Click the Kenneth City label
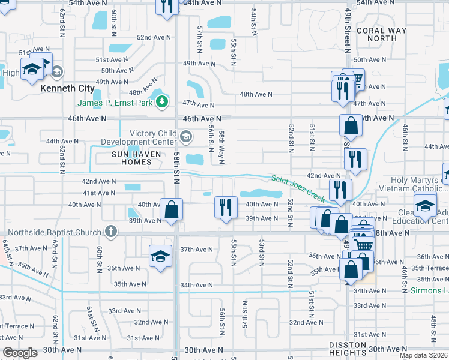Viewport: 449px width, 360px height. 67,88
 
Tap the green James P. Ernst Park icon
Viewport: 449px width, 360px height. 161,103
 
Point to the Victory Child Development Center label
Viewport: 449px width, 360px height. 142,137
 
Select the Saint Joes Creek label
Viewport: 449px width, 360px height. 297,187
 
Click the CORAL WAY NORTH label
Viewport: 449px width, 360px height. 376,34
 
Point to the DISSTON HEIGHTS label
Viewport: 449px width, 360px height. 347,349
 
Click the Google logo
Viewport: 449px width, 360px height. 20,353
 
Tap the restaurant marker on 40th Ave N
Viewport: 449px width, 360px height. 225,208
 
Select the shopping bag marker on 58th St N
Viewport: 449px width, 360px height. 172,210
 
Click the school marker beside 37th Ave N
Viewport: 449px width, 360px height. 160,256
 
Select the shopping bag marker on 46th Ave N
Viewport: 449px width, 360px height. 350,126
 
